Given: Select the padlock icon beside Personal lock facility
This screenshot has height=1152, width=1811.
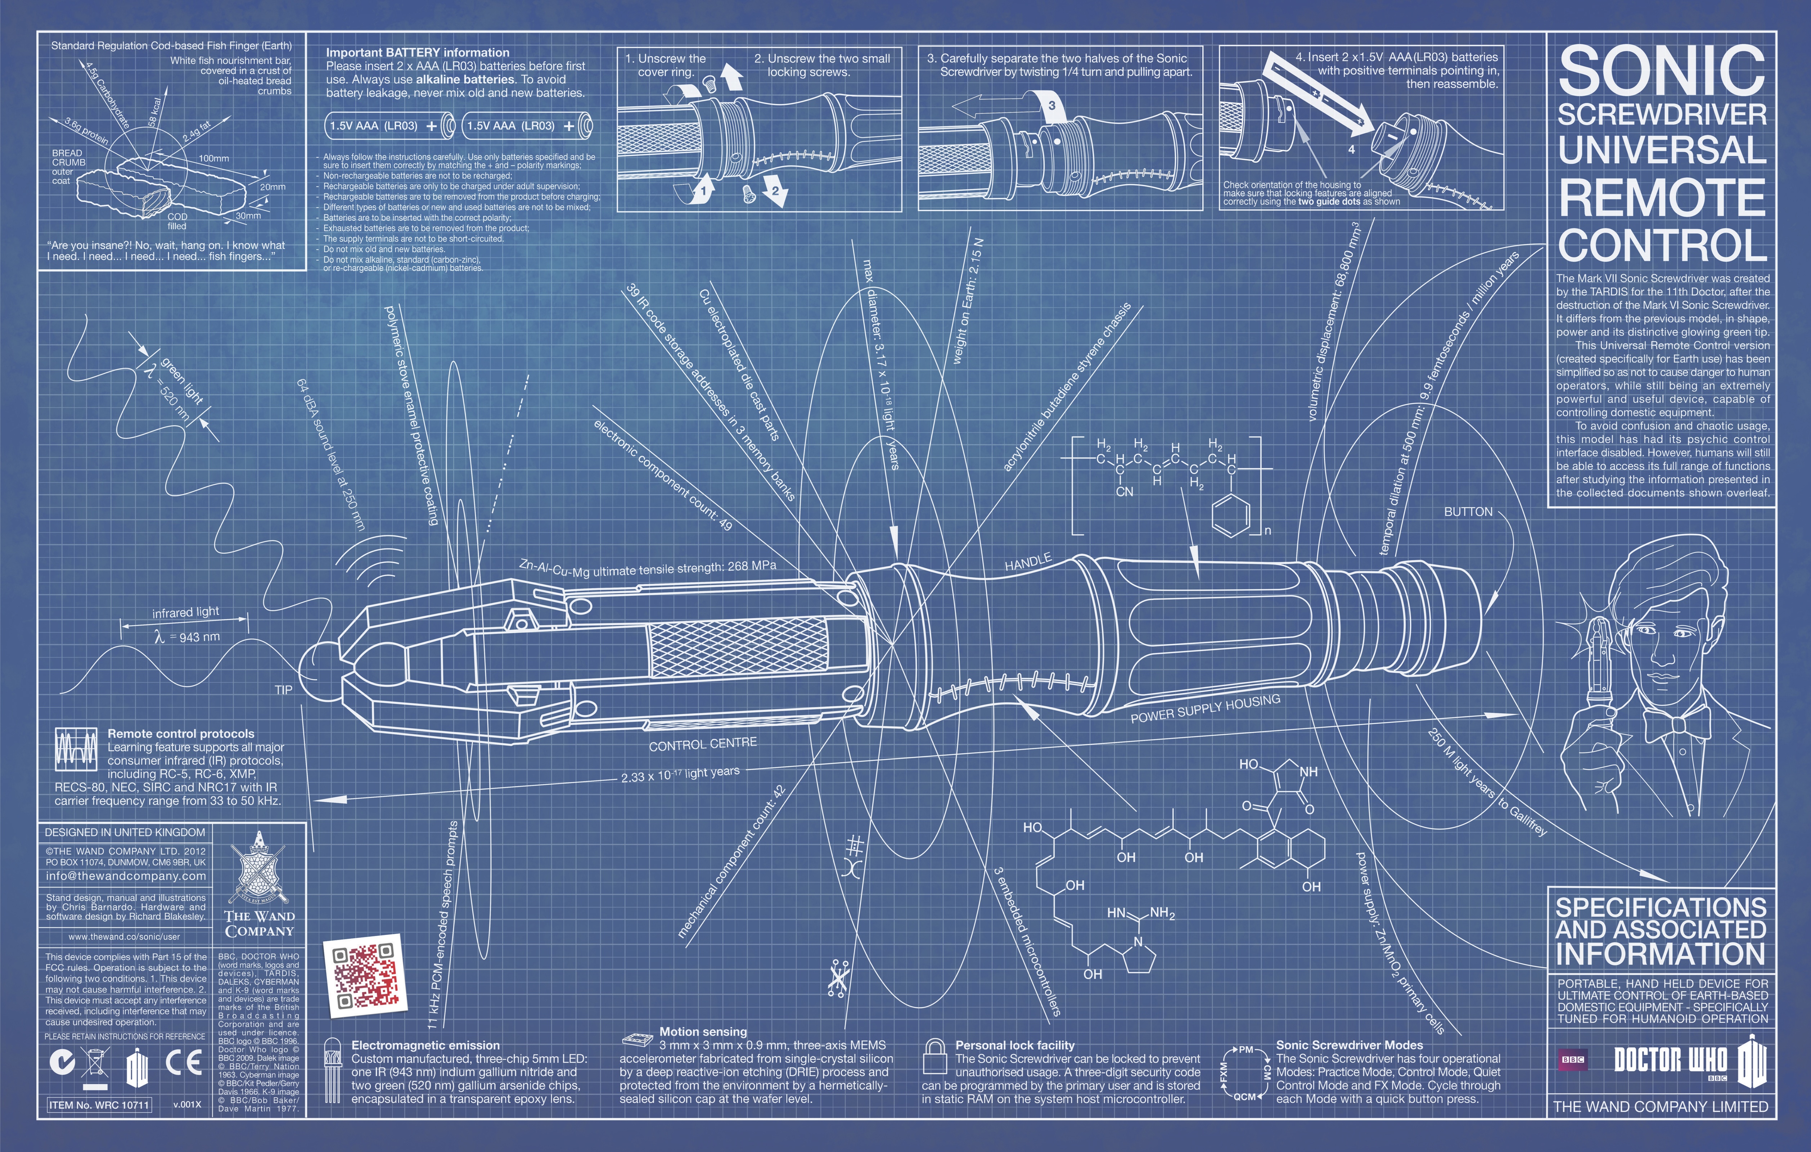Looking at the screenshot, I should click(x=935, y=1057).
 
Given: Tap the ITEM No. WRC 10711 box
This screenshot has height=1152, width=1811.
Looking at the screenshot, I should click(x=99, y=1104).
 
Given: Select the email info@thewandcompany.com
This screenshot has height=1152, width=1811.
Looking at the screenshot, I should click(x=126, y=876).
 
